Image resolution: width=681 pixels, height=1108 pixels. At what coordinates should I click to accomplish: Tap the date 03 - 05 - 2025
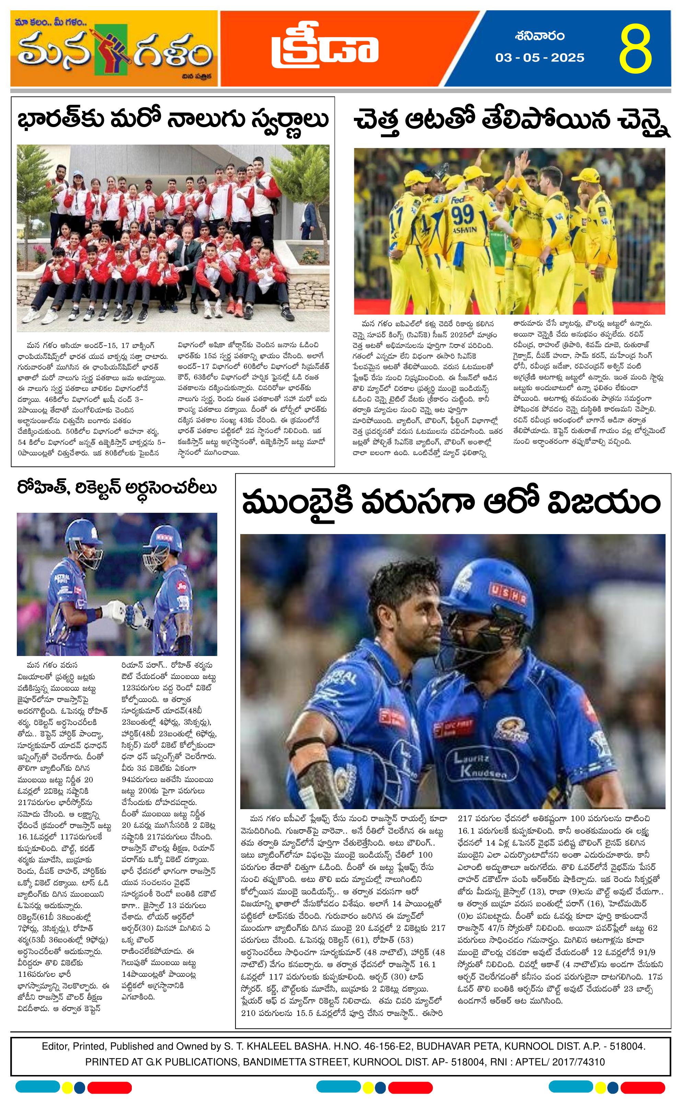click(540, 58)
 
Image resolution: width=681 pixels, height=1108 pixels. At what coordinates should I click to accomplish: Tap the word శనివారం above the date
click(540, 36)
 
